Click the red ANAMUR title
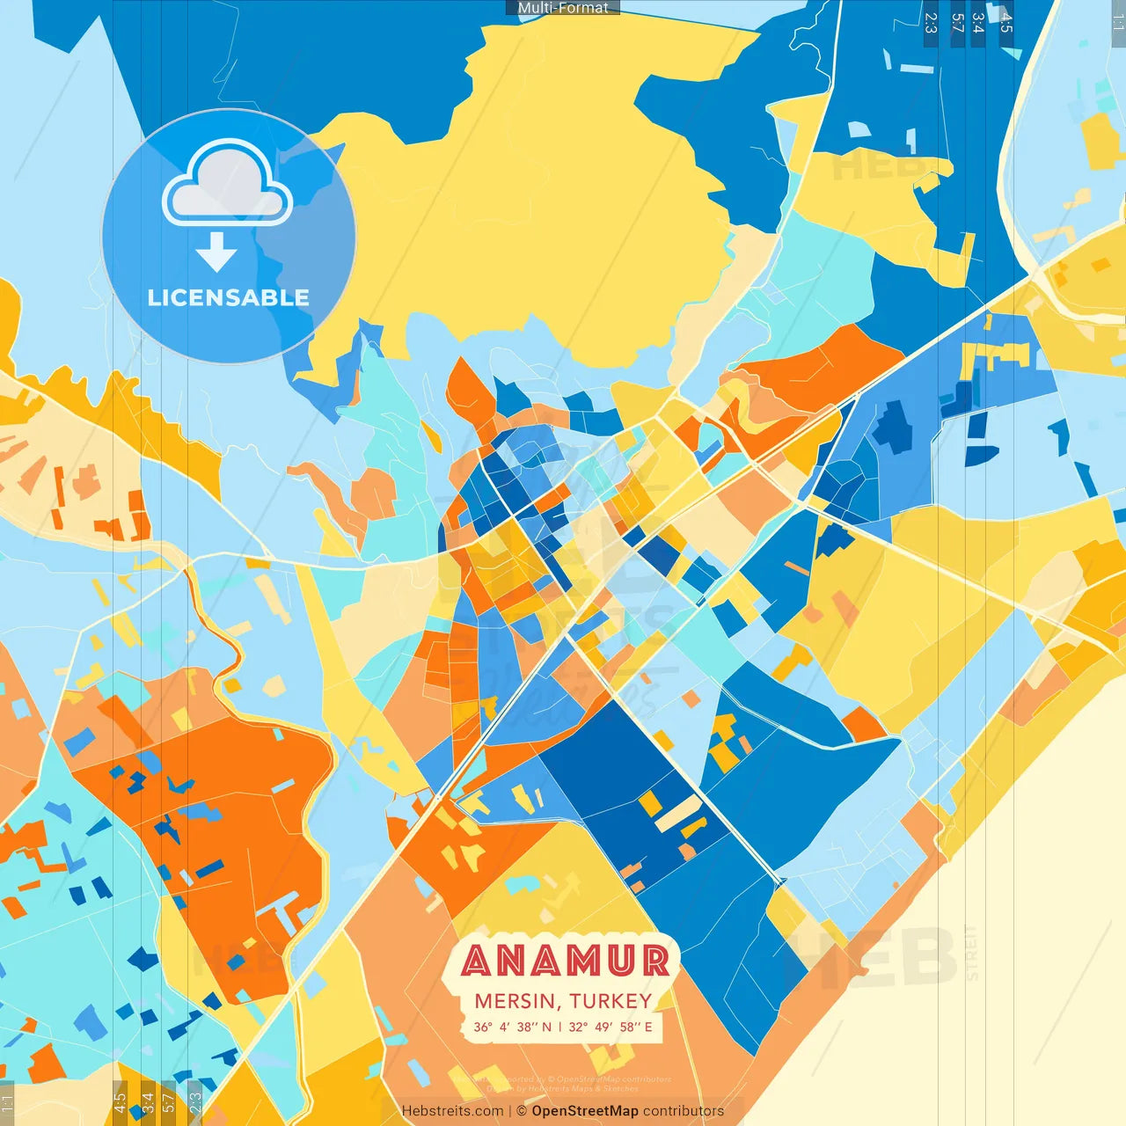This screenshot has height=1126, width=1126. click(x=564, y=961)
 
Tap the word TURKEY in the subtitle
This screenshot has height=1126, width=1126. click(x=611, y=1001)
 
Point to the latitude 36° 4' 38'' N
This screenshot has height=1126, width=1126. click(x=512, y=1027)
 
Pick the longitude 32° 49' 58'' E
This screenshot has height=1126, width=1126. click(x=611, y=1027)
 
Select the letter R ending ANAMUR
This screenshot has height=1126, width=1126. click(x=654, y=961)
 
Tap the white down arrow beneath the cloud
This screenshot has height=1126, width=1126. click(x=216, y=252)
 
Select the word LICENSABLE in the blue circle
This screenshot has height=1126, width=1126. click(x=229, y=297)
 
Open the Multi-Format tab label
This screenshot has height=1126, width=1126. click(x=563, y=8)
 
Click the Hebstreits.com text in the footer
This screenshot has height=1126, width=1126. click(x=452, y=1111)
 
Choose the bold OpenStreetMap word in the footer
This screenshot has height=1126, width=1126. click(x=584, y=1111)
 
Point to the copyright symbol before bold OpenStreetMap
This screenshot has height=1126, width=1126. click(x=521, y=1111)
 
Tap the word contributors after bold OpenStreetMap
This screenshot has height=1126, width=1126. click(x=684, y=1111)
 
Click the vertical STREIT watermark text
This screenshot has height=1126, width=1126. click(x=971, y=952)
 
